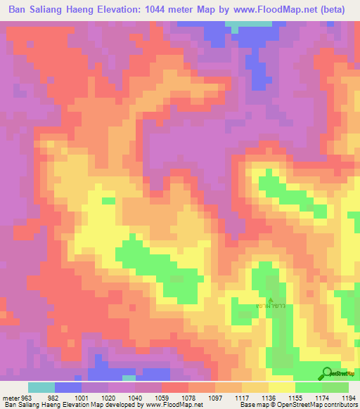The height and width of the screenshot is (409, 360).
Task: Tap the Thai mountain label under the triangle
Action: coord(271,307)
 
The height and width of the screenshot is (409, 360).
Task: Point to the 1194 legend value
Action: coord(349,398)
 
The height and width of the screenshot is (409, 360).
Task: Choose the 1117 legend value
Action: coord(243,398)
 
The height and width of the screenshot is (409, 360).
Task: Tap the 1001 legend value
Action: coord(82,398)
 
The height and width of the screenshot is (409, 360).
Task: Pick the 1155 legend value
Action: coord(296,398)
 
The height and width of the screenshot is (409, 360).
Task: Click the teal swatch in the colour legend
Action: coord(41,387)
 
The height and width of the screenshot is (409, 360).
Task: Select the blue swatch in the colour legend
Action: coord(67,387)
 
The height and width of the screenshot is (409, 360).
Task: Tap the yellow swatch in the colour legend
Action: coord(281,387)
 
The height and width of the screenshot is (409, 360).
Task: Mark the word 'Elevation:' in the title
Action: coord(121,11)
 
